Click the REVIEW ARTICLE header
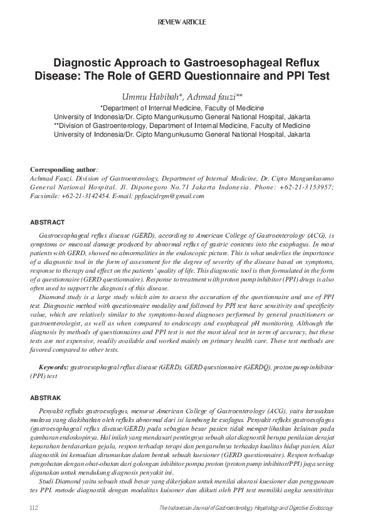point(186,22)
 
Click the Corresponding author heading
point(63,170)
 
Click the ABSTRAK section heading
point(46,398)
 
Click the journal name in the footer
point(246,507)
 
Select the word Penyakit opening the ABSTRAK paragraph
point(52,410)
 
